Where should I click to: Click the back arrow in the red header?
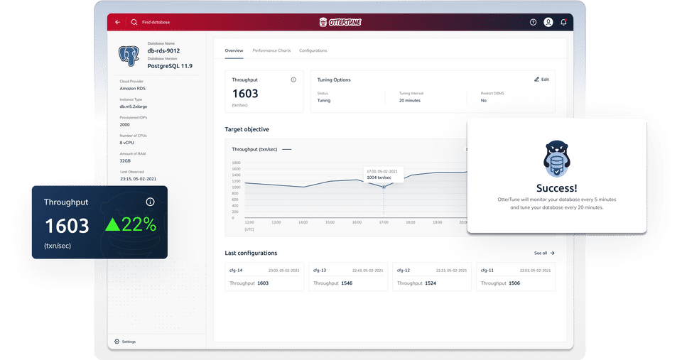117,22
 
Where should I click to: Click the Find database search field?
156,22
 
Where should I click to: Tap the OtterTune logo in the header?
340,22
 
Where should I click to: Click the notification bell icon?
563,22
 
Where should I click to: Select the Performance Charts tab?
271,50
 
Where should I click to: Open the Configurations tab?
313,50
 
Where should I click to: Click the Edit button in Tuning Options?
541,80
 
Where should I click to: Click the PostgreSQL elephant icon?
129,56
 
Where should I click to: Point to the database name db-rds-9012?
164,50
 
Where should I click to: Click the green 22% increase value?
131,225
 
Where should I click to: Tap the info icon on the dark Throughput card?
150,202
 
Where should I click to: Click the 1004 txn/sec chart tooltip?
384,174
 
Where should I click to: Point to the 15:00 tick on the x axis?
330,222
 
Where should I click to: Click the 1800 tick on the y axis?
236,163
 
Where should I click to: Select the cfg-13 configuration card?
347,276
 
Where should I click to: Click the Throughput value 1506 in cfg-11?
514,283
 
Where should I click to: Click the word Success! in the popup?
557,188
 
